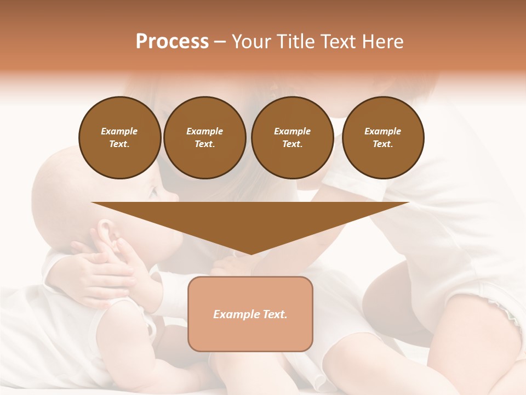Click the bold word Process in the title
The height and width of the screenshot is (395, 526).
tap(172, 42)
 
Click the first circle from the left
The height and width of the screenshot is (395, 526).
tap(119, 138)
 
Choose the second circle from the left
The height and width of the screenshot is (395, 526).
tap(205, 138)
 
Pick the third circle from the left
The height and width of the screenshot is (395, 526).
tap(292, 138)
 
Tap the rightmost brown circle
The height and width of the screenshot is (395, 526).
tap(383, 138)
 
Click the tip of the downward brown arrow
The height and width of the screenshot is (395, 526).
tap(250, 253)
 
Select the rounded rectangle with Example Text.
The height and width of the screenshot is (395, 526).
tap(250, 314)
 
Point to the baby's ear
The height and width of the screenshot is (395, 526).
tap(107, 229)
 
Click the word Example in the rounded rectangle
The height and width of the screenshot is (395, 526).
tap(235, 314)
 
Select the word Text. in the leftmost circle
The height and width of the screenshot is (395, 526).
tap(119, 144)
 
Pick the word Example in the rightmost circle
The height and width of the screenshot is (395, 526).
tap(383, 131)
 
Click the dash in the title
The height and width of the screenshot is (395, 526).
tap(220, 42)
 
